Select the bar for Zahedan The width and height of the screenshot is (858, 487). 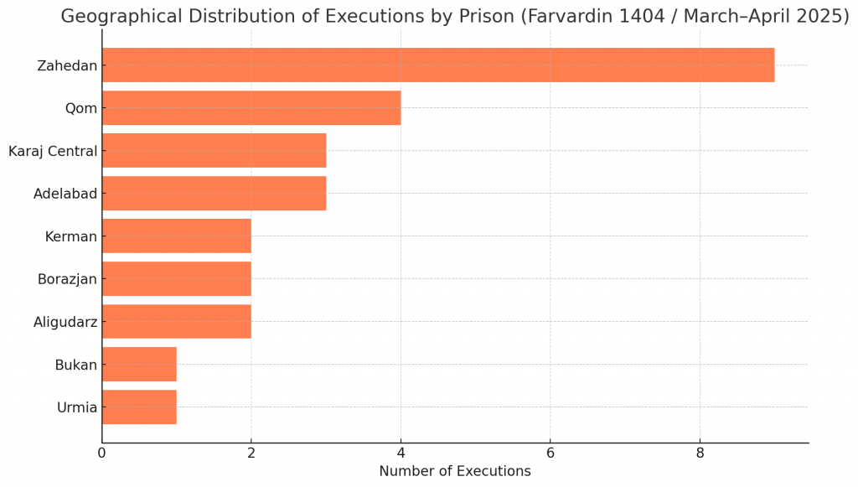tap(437, 65)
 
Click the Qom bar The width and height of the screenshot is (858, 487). tap(251, 108)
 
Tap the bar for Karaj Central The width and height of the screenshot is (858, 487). tap(214, 151)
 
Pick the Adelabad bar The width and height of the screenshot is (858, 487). tap(214, 194)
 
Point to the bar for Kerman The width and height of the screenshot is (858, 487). tap(176, 236)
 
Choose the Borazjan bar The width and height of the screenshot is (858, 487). tap(176, 279)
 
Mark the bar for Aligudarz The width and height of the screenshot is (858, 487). tap(176, 322)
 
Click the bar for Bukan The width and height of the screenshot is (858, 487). tap(139, 365)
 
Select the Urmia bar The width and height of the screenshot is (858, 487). tap(139, 407)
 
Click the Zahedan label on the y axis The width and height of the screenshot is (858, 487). tap(67, 65)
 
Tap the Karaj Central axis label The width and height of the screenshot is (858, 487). tap(53, 152)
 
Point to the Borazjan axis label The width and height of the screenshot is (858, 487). tap(67, 279)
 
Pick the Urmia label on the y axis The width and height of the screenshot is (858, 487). tap(77, 408)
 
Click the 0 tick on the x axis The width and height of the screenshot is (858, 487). tap(102, 453)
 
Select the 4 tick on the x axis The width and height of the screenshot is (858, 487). tap(401, 453)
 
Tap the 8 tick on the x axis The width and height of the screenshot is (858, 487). tap(700, 453)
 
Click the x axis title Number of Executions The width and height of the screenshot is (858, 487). tap(455, 472)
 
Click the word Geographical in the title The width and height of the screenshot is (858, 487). tap(120, 17)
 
